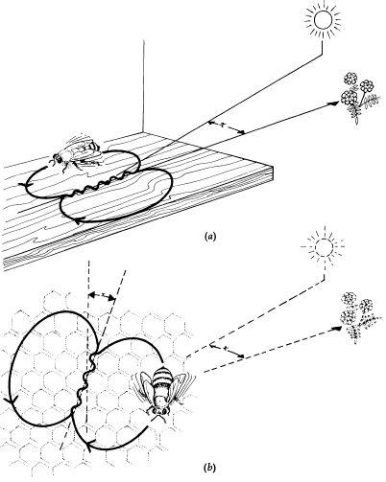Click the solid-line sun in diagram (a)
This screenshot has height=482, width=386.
click(323, 20)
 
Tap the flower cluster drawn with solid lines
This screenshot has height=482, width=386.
click(359, 96)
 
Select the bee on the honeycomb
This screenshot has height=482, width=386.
click(162, 394)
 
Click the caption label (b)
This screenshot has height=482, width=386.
click(209, 468)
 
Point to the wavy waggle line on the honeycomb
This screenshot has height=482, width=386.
click(84, 380)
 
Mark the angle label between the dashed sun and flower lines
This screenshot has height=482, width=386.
click(226, 349)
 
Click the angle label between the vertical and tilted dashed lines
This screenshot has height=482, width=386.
click(103, 293)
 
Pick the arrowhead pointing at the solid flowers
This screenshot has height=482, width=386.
click(334, 103)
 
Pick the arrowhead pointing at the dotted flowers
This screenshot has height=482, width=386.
click(336, 329)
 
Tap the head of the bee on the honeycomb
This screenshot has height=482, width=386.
click(158, 411)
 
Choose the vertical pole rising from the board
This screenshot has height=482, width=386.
click(142, 85)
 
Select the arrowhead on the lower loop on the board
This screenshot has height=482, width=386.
click(79, 220)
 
